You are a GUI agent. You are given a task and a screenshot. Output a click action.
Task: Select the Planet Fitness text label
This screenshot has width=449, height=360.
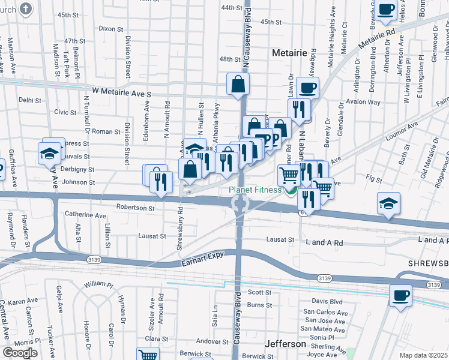255,190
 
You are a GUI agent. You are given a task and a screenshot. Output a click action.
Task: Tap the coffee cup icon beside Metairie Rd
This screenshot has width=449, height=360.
386,10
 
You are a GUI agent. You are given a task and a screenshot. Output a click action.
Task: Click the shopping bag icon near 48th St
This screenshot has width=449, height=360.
238,85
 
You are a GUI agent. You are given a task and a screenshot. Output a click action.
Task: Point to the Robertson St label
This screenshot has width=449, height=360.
136,208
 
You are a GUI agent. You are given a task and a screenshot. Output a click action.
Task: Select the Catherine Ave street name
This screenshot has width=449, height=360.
85,214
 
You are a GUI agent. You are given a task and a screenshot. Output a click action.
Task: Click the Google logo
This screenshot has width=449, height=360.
20,353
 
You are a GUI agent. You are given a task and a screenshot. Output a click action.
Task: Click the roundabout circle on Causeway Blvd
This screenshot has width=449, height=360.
240,205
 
